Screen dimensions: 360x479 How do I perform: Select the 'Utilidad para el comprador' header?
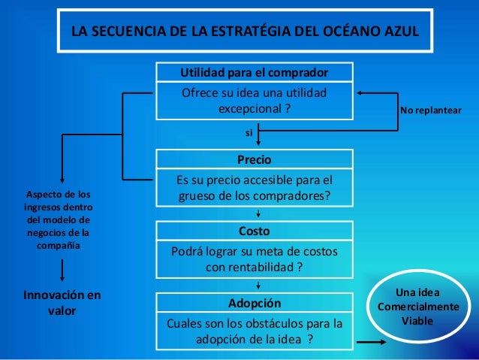coord(254,73)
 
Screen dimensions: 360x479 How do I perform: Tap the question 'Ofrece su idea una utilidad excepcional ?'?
coord(254,101)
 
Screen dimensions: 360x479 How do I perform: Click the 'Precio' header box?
coord(254,160)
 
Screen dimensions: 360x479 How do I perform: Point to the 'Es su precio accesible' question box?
coord(254,189)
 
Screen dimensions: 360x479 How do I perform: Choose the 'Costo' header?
coord(254,230)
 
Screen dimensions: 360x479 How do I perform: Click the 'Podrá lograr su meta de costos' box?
coord(254,259)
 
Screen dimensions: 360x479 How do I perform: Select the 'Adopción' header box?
coord(254,304)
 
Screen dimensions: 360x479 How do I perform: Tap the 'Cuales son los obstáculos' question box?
coord(254,331)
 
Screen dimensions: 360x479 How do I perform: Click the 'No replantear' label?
coord(431,110)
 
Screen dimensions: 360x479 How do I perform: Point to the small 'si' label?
coord(249,132)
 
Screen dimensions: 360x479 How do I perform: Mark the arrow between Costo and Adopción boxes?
coord(258,285)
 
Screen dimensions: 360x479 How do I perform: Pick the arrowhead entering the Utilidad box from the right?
coord(360,92)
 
